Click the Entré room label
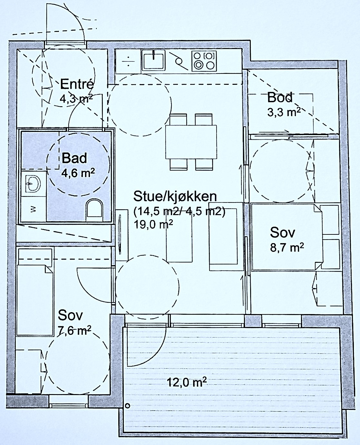click(77, 84)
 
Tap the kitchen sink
click(153, 60)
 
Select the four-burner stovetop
click(204, 61)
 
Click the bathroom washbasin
click(33, 183)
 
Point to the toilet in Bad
click(94, 210)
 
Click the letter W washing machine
click(33, 209)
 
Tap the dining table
click(191, 142)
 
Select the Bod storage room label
click(280, 97)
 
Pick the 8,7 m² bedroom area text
click(287, 248)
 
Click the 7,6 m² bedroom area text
click(74, 331)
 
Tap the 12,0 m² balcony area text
click(187, 382)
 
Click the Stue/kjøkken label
click(175, 196)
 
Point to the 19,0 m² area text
click(153, 224)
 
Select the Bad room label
click(74, 158)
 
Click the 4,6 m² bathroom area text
click(78, 173)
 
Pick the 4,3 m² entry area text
click(76, 98)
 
